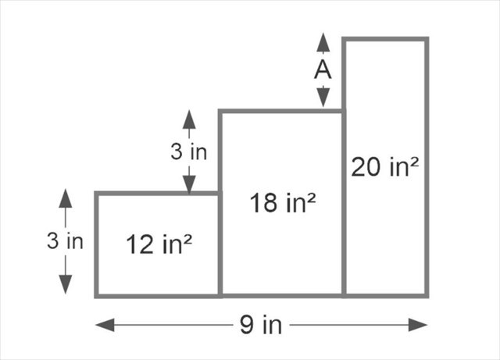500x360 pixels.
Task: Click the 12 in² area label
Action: tap(159, 244)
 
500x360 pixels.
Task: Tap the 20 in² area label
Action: tap(385, 166)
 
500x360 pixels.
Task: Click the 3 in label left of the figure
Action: tap(65, 241)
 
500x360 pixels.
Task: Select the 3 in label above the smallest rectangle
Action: tap(189, 151)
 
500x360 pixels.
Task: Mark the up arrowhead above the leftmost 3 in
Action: tap(65, 198)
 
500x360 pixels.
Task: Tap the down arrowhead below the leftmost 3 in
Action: tap(65, 286)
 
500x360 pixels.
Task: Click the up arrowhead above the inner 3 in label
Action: tap(189, 119)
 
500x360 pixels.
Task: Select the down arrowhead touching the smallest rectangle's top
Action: tap(189, 184)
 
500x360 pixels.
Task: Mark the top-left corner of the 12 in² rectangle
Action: tap(97, 193)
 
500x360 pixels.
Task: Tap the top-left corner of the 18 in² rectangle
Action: tap(220, 112)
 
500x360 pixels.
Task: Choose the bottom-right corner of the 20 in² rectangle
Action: tap(427, 295)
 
